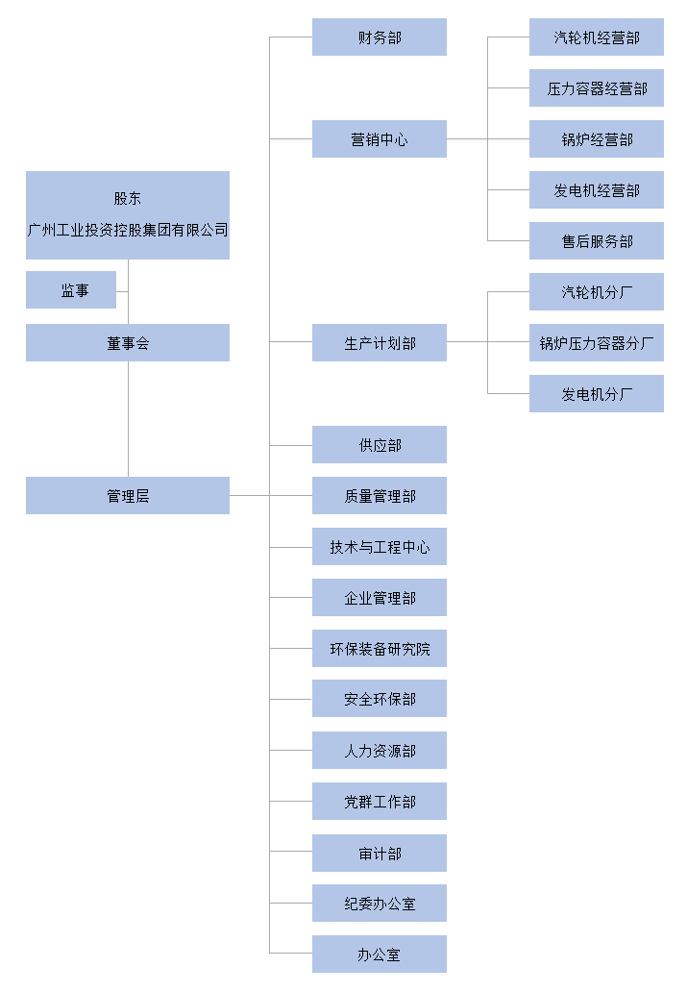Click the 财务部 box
(379, 37)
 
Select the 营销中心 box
(379, 139)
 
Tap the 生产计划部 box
(379, 343)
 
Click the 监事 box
(71, 290)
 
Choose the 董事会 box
(127, 343)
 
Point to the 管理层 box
(127, 496)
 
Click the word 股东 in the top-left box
(127, 199)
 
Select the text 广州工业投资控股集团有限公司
(127, 231)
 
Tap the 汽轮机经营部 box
(596, 37)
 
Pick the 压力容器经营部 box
(596, 88)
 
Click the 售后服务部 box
(596, 241)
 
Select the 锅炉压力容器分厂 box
(596, 343)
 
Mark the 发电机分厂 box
(596, 394)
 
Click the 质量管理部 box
(379, 496)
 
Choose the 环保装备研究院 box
(379, 649)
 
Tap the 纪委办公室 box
(379, 904)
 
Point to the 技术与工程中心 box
(379, 547)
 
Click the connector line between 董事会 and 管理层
(128, 419)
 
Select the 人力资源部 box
(379, 751)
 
